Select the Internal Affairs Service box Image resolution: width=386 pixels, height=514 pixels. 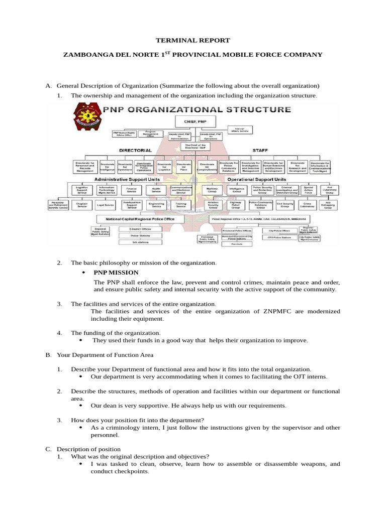(x=244, y=130)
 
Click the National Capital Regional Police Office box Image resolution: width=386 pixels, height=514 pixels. (x=139, y=219)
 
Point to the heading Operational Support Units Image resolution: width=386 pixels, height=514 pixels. (x=256, y=179)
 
